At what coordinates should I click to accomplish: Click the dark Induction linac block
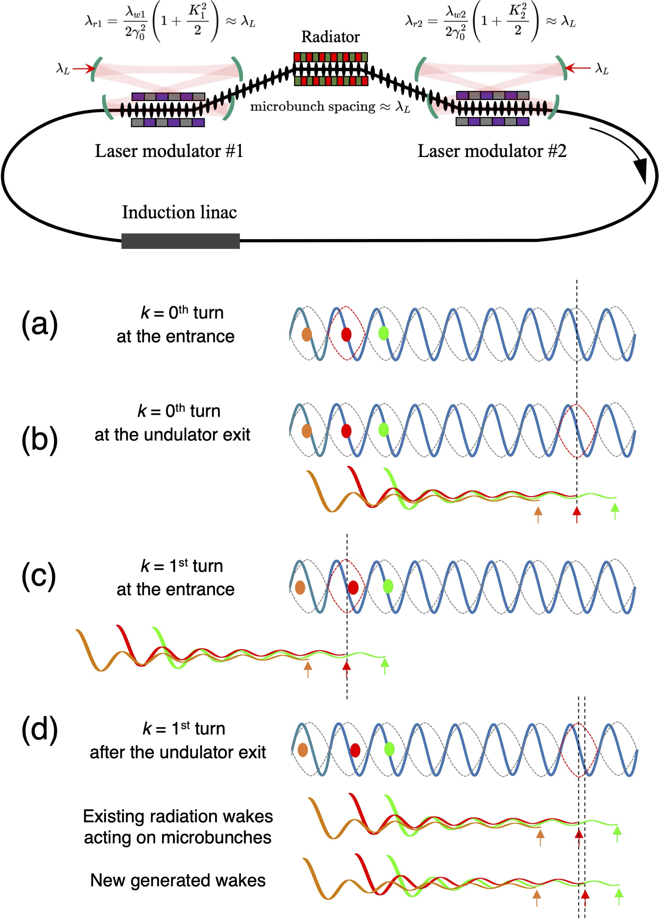tap(180, 241)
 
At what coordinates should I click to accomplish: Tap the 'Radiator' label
tap(330, 37)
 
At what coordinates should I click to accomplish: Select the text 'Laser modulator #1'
tap(169, 151)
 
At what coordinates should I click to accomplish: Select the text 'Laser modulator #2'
tap(492, 151)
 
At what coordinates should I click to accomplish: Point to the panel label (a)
tap(39, 324)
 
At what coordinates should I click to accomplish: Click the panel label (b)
tap(39, 440)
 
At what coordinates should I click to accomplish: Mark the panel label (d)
tap(39, 729)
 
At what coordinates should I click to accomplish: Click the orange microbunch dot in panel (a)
tap(307, 334)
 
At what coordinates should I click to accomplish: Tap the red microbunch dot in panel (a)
tap(346, 334)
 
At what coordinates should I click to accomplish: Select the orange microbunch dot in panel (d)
tap(303, 750)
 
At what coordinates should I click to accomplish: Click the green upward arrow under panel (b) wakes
tap(615, 511)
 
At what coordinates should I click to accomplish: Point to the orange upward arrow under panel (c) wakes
tap(308, 669)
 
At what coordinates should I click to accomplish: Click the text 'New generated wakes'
tap(178, 880)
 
